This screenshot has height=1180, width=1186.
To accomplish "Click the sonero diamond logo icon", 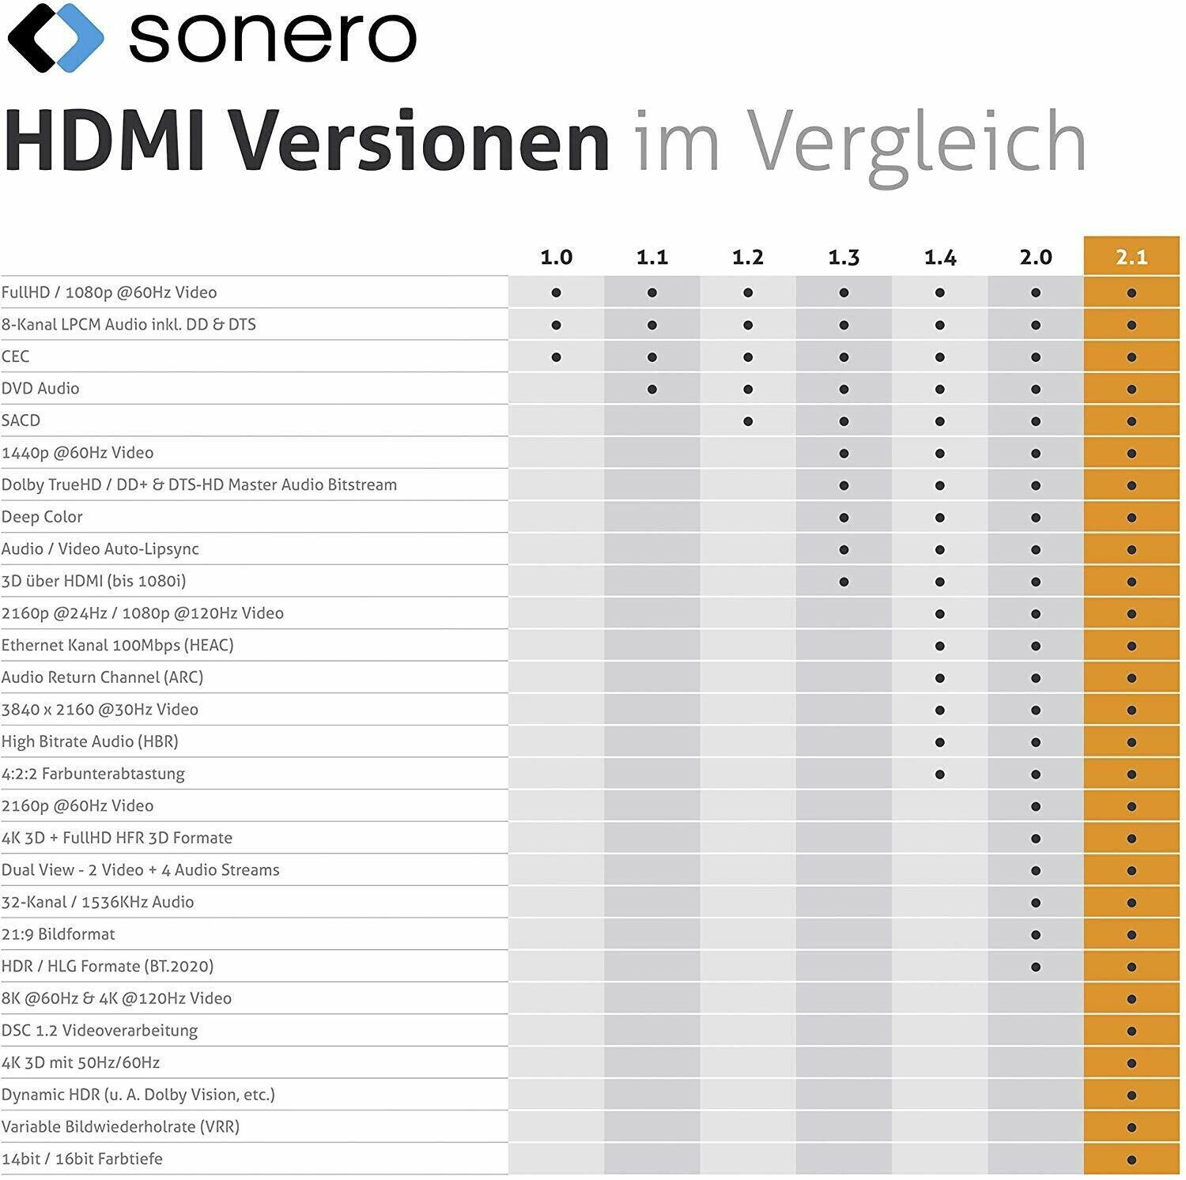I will click(55, 36).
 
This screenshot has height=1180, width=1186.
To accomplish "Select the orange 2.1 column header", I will click(1131, 257).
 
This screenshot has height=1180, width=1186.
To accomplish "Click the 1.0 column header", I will click(556, 257).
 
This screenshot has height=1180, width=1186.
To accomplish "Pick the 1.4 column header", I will click(939, 257).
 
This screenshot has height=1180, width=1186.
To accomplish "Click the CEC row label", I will click(16, 356).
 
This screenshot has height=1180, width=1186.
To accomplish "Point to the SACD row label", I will click(21, 420).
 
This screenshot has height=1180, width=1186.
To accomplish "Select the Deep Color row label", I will click(42, 517).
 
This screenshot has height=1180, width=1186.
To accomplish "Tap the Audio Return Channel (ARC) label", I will click(103, 677).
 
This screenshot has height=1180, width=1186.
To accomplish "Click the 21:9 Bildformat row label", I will click(59, 934).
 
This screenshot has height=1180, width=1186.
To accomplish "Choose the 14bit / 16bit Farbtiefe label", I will click(82, 1159).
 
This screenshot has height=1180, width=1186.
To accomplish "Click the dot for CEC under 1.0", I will click(556, 357).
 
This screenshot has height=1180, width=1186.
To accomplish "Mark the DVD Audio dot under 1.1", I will click(652, 389).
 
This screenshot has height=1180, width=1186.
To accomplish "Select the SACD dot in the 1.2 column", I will click(748, 421).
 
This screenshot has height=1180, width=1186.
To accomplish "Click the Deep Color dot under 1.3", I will click(844, 518).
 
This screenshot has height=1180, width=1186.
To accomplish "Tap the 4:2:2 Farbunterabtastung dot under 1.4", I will click(939, 775).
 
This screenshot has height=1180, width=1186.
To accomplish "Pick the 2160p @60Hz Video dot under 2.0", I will click(1036, 806).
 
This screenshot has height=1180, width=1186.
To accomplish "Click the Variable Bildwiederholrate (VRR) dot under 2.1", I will click(1131, 1128).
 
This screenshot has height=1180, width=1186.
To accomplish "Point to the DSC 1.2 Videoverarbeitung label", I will click(100, 1031).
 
